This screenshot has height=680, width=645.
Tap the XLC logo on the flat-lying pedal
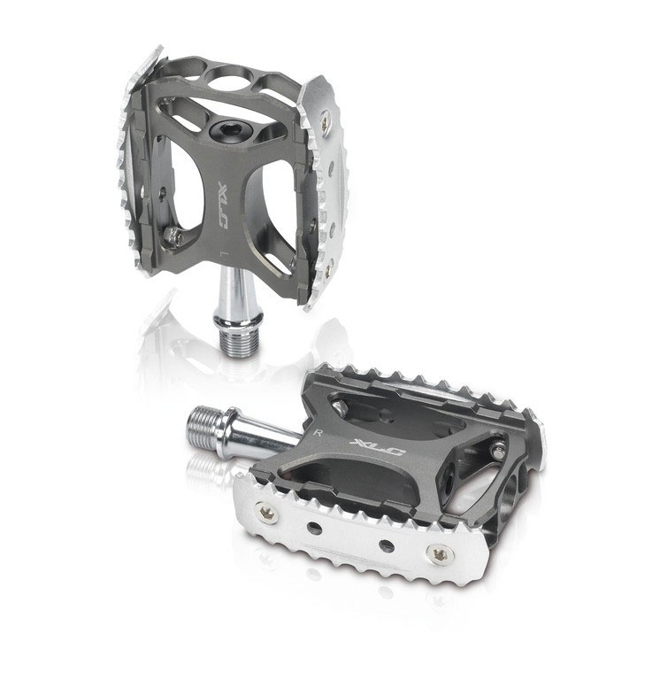point(379,446)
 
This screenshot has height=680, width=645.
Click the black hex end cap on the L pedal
point(223,129)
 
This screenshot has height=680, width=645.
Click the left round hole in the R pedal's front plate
point(315,529)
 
